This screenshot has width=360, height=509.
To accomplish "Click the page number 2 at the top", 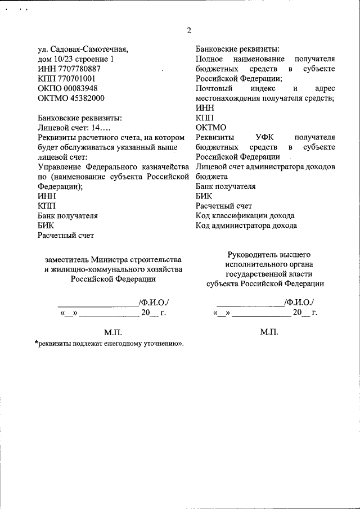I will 189,30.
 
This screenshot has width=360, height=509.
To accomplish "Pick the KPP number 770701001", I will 76,79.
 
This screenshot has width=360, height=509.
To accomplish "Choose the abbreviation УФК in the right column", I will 266,137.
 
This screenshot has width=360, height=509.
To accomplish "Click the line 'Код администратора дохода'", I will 246,226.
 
